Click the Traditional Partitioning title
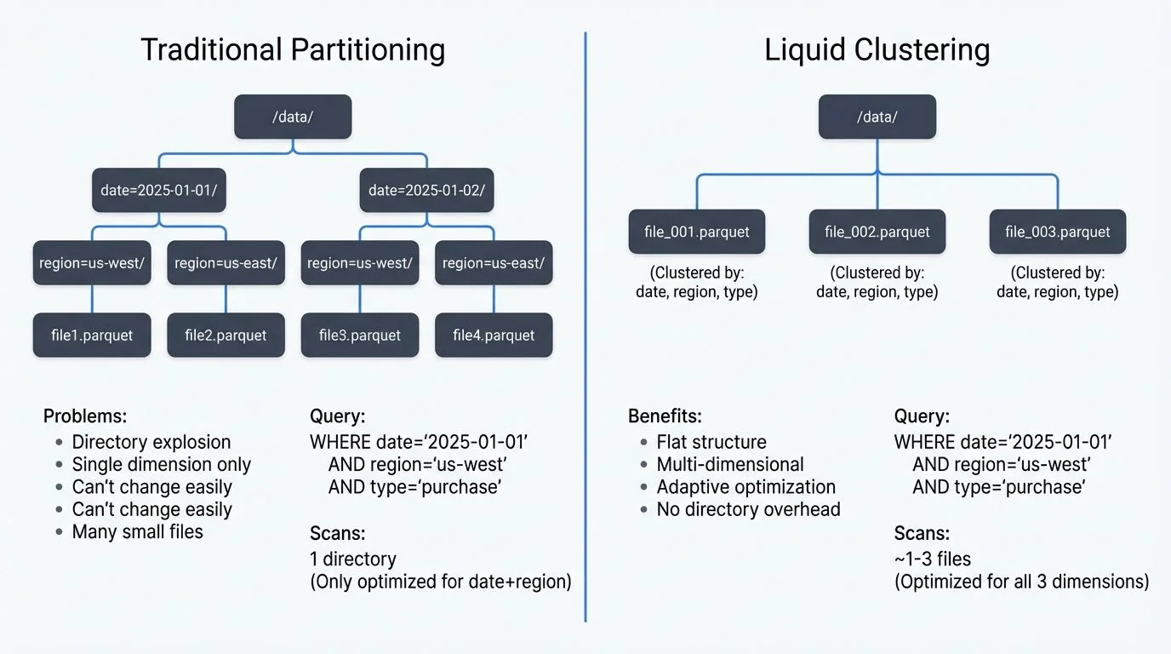tap(292, 50)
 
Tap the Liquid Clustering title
tap(877, 50)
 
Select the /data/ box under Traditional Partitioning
tap(293, 117)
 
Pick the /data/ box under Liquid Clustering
tap(877, 117)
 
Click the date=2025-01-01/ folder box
tap(159, 190)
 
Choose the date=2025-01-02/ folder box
tap(426, 190)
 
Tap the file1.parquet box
tap(92, 335)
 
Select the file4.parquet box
tap(494, 335)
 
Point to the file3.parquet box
tap(359, 335)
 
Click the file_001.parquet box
tap(696, 232)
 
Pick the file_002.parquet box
tap(877, 232)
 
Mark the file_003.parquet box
tap(1057, 232)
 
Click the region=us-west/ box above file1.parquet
tap(92, 263)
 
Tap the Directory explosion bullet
tap(151, 442)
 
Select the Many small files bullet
tap(137, 532)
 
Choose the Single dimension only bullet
tap(161, 465)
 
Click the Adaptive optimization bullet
tap(745, 487)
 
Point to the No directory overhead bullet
tap(748, 509)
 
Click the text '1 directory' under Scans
tap(353, 559)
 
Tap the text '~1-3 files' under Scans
tap(932, 559)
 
